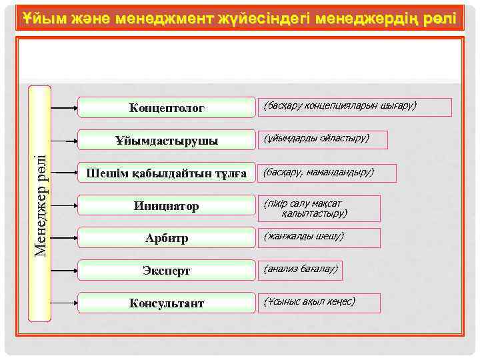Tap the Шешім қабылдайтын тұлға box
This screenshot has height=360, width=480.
point(167,173)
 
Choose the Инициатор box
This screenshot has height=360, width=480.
point(167,206)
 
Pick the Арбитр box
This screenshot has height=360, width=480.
point(167,238)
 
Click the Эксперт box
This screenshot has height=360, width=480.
point(167,271)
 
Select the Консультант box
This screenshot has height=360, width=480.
point(167,303)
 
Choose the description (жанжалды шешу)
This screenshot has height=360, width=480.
point(319,237)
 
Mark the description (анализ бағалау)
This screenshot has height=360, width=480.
point(301,270)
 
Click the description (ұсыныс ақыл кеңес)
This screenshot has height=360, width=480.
point(319,303)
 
